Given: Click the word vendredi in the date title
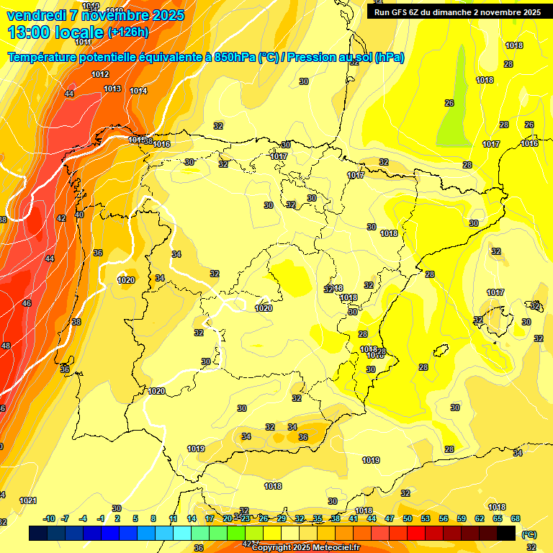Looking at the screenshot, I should (x=37, y=14).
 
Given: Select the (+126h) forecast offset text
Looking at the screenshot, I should (x=127, y=32).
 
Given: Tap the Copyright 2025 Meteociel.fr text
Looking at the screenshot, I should (x=305, y=547).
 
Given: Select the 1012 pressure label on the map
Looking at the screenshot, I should (x=100, y=74).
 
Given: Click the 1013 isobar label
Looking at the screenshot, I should (x=112, y=89).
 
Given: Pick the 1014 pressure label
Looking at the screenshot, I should (x=138, y=91).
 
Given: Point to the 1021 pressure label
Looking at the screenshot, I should (x=28, y=500).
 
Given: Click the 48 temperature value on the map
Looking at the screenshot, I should (x=6, y=346).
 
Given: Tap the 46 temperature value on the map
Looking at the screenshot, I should (x=27, y=304).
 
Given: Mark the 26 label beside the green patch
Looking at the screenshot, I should (x=449, y=103).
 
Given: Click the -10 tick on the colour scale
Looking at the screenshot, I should (x=50, y=518).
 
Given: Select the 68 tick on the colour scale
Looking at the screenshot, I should (x=516, y=518).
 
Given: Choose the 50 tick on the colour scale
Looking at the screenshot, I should (x=408, y=518).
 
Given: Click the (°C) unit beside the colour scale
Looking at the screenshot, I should (x=529, y=534).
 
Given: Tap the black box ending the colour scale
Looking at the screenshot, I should (x=506, y=533).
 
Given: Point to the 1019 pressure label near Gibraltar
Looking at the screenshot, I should (x=196, y=449).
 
